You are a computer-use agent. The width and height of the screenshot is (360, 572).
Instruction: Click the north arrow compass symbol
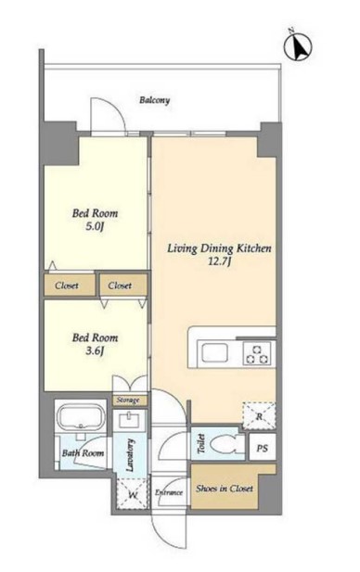tap(298, 45)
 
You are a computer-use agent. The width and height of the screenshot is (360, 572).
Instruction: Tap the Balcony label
tap(154, 100)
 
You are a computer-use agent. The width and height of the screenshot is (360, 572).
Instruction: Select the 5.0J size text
tap(95, 227)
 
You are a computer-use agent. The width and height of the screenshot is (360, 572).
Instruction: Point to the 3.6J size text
tap(95, 351)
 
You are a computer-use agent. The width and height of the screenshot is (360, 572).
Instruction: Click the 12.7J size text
tap(219, 262)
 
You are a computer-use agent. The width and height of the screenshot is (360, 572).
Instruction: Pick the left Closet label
tap(67, 286)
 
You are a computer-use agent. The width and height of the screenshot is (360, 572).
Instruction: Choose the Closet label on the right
tap(120, 286)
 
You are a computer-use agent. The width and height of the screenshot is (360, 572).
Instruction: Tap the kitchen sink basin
tap(212, 353)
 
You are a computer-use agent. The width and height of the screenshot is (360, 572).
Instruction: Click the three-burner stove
tap(257, 353)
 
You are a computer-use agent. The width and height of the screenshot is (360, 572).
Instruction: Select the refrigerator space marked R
tap(259, 416)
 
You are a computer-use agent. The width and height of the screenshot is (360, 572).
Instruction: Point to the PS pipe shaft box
tap(262, 448)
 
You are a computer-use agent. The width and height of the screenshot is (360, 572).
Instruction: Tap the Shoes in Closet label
tap(225, 489)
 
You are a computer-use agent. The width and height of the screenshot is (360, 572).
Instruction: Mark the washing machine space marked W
tap(133, 494)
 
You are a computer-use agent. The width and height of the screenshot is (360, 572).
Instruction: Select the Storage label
tap(128, 400)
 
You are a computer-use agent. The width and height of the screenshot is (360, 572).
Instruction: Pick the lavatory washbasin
tap(130, 420)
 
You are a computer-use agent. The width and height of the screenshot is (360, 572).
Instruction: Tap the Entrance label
tap(169, 492)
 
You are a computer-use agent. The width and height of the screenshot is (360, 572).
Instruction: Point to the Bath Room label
tap(83, 453)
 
